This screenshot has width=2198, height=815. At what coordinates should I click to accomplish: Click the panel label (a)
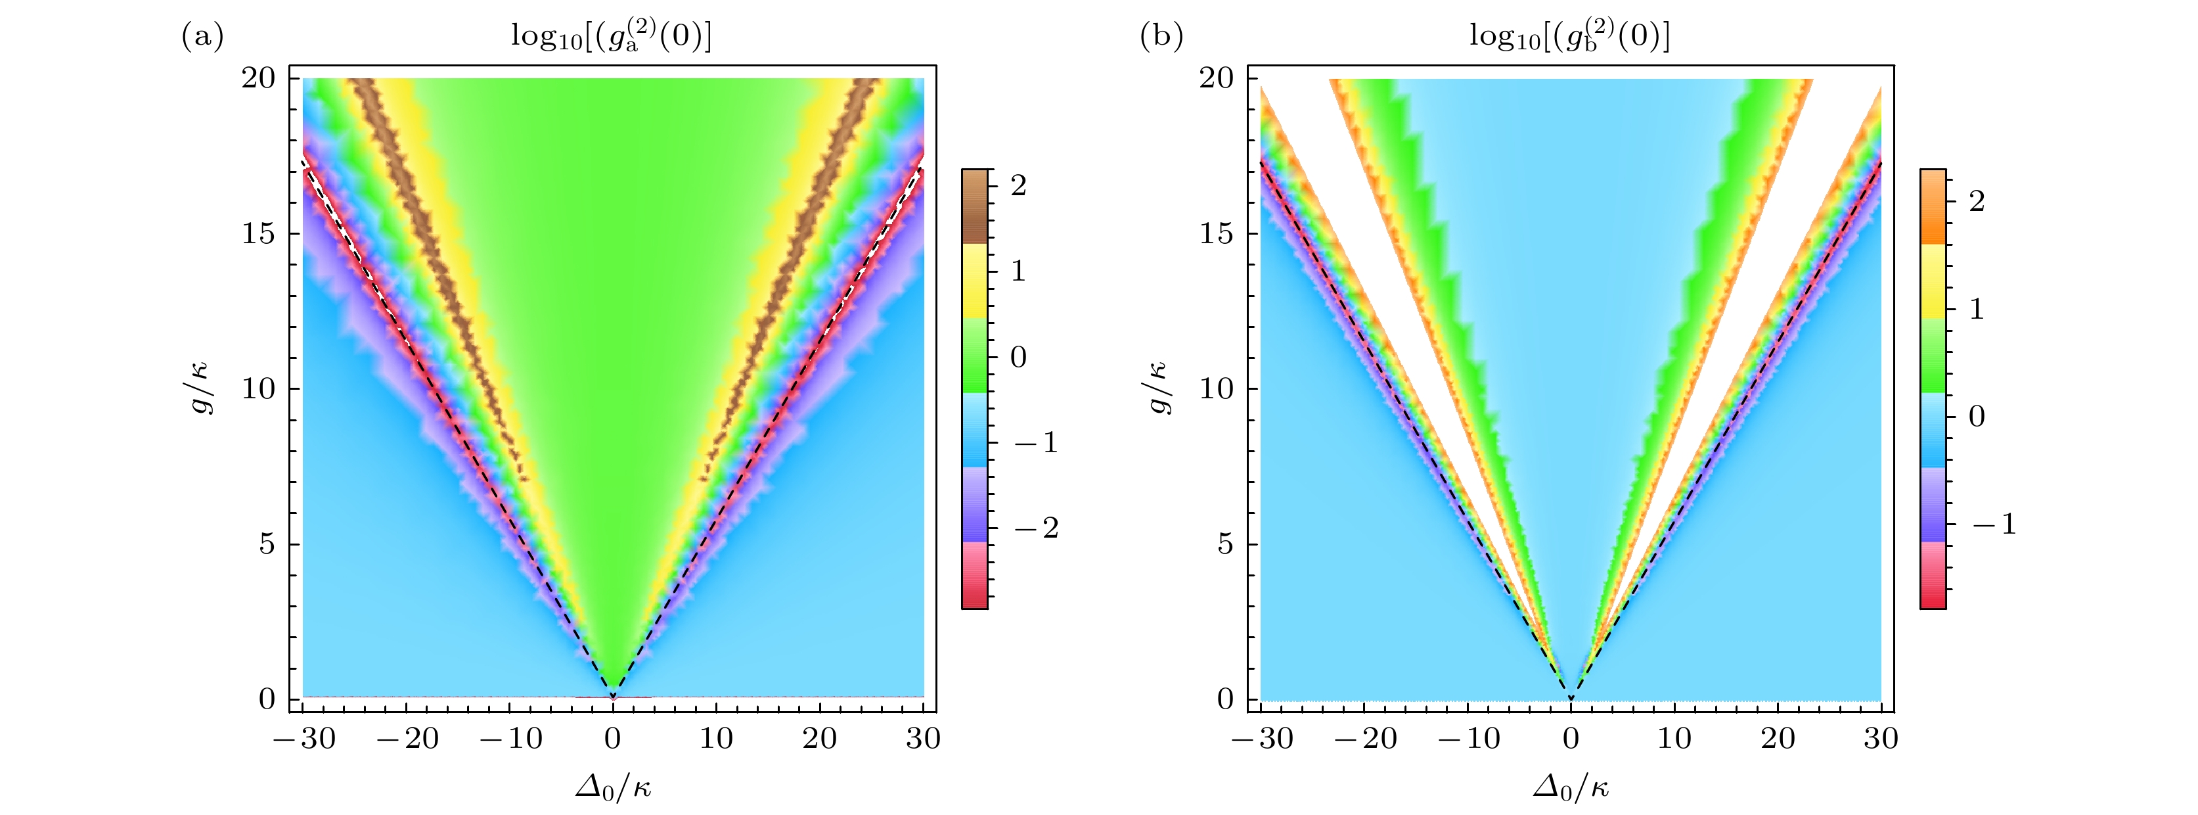(x=203, y=37)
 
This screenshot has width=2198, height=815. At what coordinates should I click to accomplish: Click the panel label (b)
(x=1161, y=37)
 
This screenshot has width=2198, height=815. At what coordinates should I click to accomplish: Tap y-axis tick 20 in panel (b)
(x=1217, y=78)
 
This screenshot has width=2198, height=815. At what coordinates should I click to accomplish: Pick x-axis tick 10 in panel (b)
(x=1674, y=739)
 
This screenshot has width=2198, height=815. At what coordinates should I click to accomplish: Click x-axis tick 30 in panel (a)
(x=923, y=739)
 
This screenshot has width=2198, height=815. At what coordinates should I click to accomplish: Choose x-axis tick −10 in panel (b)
(x=1468, y=739)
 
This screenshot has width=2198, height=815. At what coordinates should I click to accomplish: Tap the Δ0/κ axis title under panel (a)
(x=613, y=787)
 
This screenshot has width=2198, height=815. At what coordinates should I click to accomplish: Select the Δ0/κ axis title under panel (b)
(x=1571, y=787)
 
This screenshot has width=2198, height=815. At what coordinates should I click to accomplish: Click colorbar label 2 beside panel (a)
(x=1018, y=186)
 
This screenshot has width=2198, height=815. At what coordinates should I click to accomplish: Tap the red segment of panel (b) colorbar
(x=1933, y=576)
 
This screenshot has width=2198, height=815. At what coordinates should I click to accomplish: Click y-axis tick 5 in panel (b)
(x=1225, y=544)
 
